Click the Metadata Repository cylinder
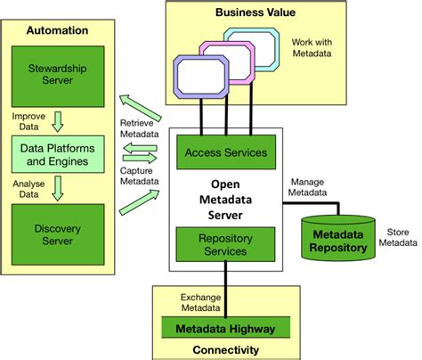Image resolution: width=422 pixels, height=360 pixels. coord(339,239)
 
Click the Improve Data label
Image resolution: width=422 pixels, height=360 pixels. coord(25,119)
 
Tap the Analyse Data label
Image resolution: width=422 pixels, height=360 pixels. coord(25,187)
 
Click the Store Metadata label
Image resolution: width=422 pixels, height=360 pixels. coord(396,235)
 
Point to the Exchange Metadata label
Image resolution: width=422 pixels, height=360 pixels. coord(200,302)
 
